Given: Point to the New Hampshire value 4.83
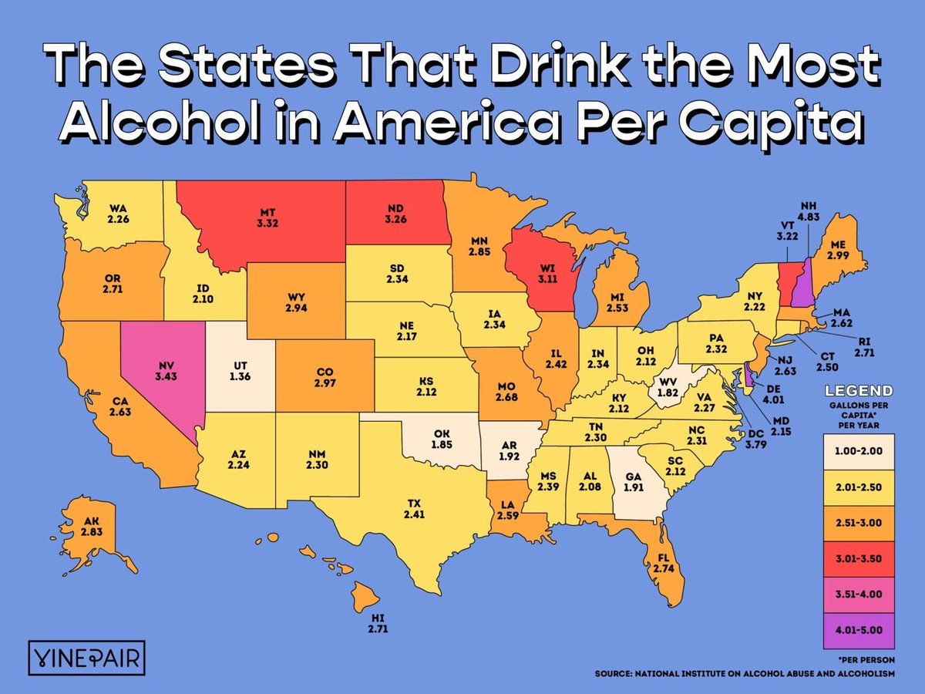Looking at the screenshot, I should coord(810,217).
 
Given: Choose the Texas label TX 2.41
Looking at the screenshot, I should coord(415,508).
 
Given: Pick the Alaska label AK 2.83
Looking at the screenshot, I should coord(92,526).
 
